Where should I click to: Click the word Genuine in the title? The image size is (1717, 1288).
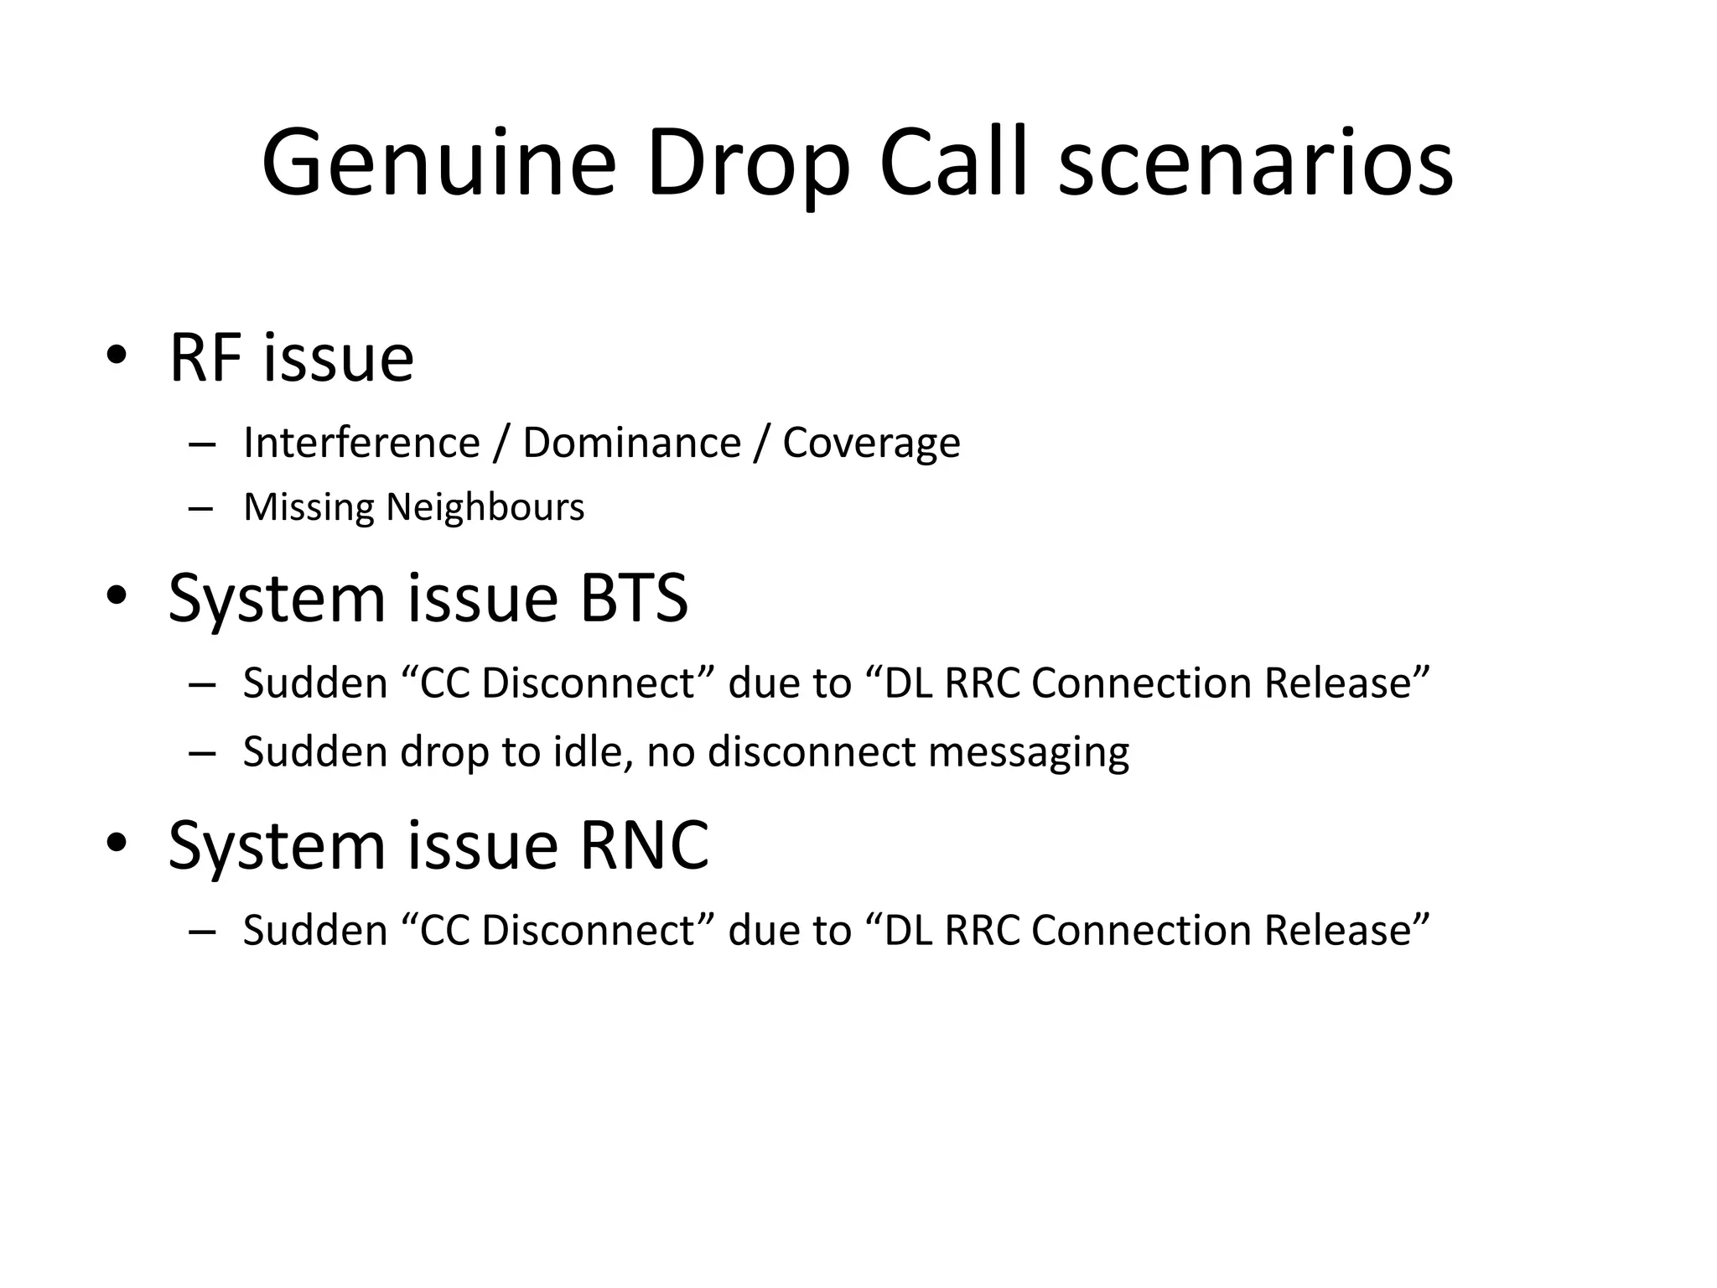tap(438, 164)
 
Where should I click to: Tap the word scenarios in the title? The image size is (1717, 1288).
tap(1255, 164)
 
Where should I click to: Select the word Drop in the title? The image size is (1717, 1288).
tap(748, 164)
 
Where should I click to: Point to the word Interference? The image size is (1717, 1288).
tap(361, 443)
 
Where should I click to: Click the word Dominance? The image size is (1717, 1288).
tap(631, 443)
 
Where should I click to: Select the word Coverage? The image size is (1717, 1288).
tap(871, 443)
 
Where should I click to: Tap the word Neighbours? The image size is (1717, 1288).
tap(485, 507)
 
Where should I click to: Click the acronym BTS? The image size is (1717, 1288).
tap(634, 598)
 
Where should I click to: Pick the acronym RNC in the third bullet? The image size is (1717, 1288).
tap(645, 845)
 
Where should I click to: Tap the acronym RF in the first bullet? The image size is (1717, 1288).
tap(204, 358)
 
